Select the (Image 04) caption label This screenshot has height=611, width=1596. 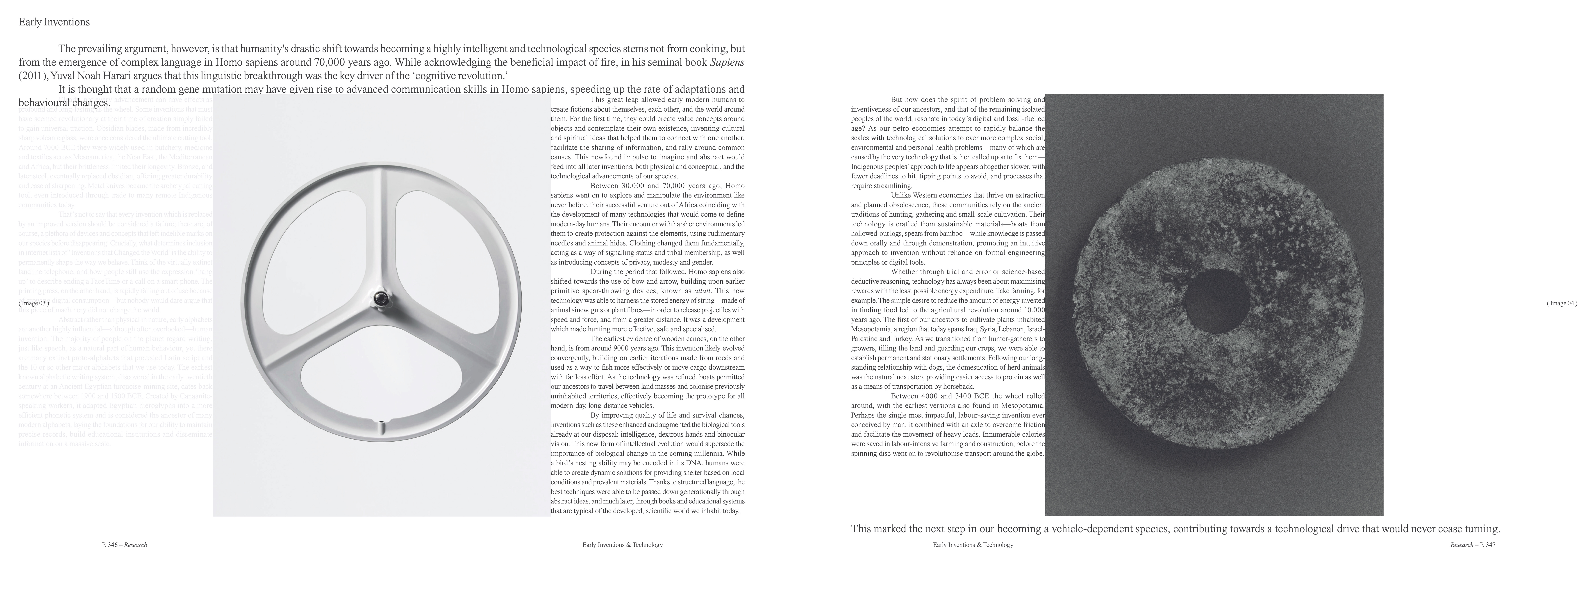(1561, 303)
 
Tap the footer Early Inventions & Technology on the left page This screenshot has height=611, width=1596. (622, 545)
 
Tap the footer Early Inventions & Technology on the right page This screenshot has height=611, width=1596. (973, 545)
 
